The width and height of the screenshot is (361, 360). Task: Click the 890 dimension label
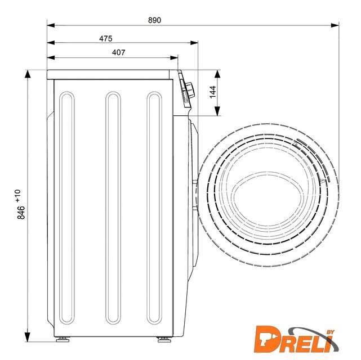[x=154, y=20]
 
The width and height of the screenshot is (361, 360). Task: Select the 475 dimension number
[x=106, y=38]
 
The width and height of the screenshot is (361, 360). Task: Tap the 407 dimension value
[x=119, y=52]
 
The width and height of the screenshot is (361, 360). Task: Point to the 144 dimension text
[x=213, y=92]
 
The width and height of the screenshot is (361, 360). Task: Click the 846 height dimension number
[x=21, y=213]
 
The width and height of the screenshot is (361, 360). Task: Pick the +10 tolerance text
[x=18, y=196]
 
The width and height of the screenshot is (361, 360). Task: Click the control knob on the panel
[x=190, y=90]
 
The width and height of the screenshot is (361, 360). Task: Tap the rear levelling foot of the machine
[x=63, y=339]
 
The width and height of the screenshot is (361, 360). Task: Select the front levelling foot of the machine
[x=164, y=339]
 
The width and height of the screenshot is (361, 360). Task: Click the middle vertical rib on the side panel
[x=113, y=208]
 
